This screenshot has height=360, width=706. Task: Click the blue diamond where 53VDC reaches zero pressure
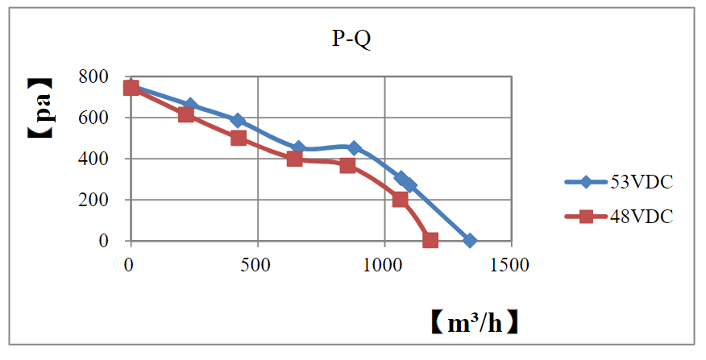[470, 241]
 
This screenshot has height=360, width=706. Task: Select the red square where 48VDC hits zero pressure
[430, 240]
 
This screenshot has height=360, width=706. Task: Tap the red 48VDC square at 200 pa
[400, 200]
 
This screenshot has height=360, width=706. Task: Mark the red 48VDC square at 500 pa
[239, 138]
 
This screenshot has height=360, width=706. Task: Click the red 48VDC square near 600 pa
[186, 114]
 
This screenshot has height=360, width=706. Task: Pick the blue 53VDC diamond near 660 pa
[190, 106]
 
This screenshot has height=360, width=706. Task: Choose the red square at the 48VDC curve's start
[131, 88]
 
